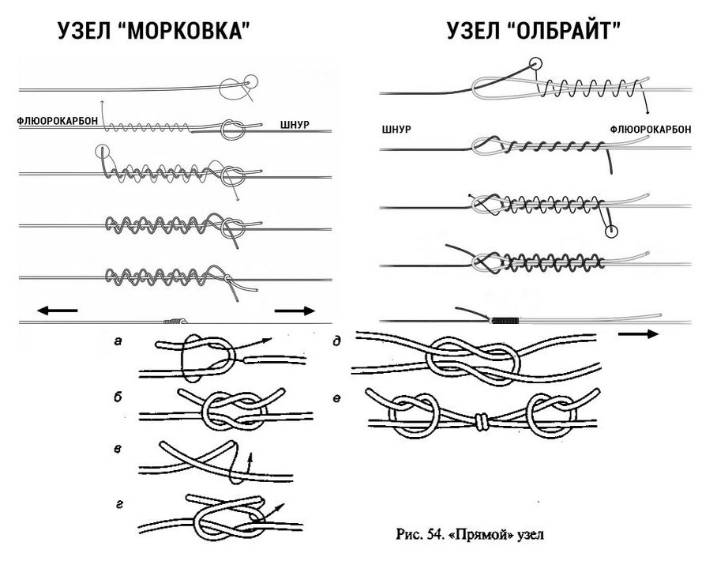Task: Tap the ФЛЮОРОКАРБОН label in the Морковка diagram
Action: tap(58, 122)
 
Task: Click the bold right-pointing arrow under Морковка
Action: tap(295, 311)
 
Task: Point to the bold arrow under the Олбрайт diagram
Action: tap(638, 333)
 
